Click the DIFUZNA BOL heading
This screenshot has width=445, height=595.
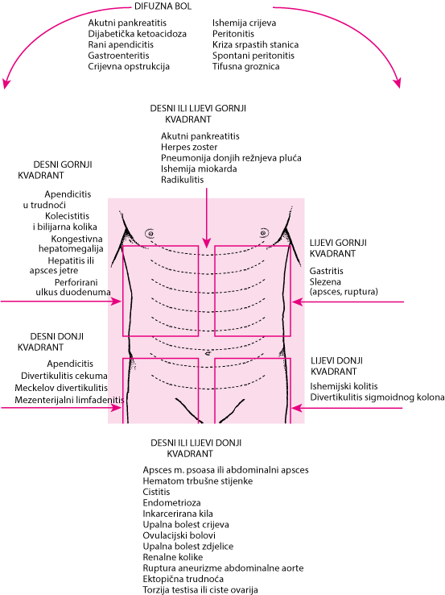[x=163, y=6]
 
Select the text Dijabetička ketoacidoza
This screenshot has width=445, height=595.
[x=137, y=34]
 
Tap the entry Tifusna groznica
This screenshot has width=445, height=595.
[x=245, y=66]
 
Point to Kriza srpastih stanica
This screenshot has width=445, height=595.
[x=255, y=45]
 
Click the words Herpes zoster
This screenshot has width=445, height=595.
[x=189, y=148]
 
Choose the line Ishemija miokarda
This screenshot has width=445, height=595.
[x=199, y=169]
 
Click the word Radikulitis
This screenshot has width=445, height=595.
[x=182, y=180]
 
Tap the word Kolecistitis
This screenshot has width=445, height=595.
[x=67, y=216]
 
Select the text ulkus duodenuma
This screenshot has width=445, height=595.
[x=73, y=292]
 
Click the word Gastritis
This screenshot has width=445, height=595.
[x=327, y=271]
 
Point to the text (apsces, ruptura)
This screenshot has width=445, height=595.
[x=344, y=292]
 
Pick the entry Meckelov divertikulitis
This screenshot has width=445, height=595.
[x=61, y=388]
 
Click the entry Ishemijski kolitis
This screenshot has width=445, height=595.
[x=344, y=386]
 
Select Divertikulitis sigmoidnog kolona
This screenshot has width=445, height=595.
[x=377, y=397]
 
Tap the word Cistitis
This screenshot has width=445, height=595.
[x=156, y=492]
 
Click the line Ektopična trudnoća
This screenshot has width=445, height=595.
[x=183, y=579]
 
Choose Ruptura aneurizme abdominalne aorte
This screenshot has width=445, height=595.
[x=223, y=568]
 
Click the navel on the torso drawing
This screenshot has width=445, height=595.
[x=207, y=353]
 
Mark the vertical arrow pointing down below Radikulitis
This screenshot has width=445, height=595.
[x=206, y=218]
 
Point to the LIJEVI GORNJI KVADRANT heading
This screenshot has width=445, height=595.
[x=338, y=248]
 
